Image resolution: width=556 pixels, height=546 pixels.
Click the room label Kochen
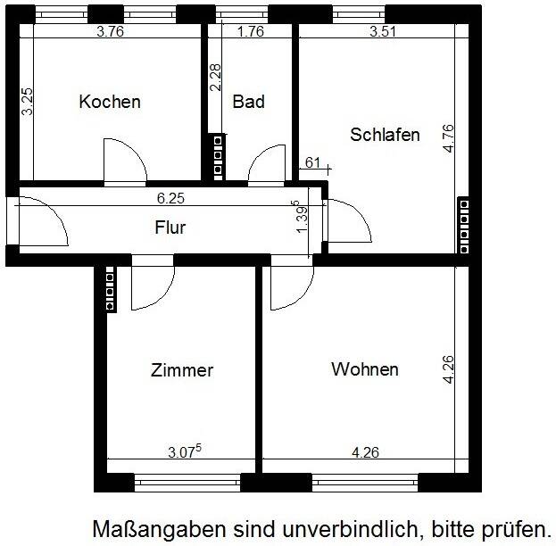(x=110, y=102)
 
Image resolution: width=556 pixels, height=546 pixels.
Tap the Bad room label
(x=248, y=102)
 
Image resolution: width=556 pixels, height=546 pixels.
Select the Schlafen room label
(x=385, y=135)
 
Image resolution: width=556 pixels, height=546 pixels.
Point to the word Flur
(x=170, y=227)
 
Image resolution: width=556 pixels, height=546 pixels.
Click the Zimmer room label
(x=182, y=370)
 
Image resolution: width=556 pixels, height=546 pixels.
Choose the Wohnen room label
(x=364, y=369)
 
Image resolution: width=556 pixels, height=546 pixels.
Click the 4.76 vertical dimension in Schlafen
(x=448, y=139)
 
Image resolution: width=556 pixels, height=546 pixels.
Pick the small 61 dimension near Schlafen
(x=312, y=161)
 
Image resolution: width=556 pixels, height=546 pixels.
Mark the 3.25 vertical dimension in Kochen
(x=29, y=101)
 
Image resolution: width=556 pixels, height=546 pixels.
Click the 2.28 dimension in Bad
(x=215, y=78)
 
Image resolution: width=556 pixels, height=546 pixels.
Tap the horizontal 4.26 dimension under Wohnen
(x=365, y=452)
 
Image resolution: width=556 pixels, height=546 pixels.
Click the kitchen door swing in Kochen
(x=123, y=161)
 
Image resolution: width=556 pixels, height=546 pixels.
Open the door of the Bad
(x=265, y=164)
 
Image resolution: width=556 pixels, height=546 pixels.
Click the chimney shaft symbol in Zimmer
(x=110, y=288)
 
